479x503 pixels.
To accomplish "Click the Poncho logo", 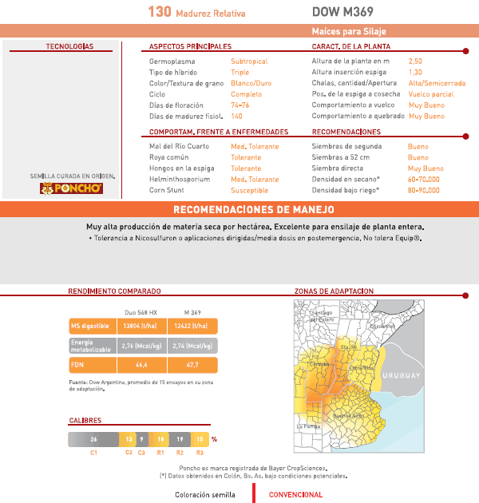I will click(x=70, y=188).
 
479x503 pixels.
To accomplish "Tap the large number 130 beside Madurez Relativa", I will click(x=160, y=13).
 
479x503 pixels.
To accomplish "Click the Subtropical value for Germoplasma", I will click(x=249, y=61).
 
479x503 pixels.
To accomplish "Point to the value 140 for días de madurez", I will click(x=236, y=117).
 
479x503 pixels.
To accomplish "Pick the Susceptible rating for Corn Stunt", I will click(x=250, y=191).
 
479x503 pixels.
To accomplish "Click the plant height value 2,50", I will click(x=415, y=61).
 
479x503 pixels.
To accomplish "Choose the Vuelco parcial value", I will click(x=430, y=94).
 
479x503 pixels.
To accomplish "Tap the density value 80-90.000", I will click(x=423, y=191).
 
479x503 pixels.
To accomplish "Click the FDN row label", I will click(x=77, y=364).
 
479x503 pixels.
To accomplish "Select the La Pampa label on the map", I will click(x=308, y=426).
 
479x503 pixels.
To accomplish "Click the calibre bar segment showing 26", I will click(x=93, y=439).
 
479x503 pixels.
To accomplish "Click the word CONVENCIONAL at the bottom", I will click(x=295, y=495).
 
